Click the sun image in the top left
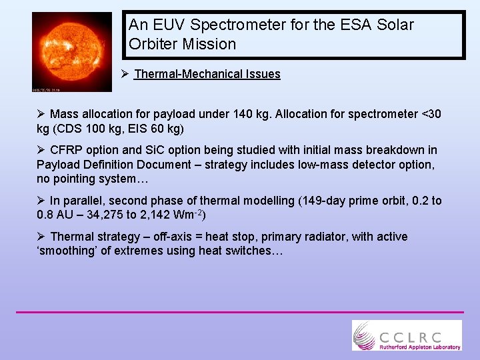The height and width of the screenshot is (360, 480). [72, 51]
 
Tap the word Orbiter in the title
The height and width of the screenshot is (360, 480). [152, 45]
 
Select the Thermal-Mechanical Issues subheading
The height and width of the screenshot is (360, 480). [207, 74]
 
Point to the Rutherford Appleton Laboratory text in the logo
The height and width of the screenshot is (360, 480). [419, 347]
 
